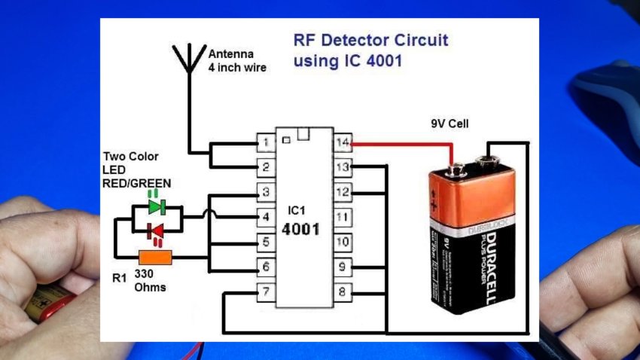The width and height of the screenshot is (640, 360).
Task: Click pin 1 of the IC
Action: point(266,142)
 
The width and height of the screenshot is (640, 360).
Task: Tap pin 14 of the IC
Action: point(343,142)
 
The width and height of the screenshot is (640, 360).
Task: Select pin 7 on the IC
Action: point(266,291)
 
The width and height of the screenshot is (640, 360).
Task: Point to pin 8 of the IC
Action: point(343,291)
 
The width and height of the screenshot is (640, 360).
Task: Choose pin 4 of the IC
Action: point(266,217)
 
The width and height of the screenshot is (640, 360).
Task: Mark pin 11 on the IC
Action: point(343,217)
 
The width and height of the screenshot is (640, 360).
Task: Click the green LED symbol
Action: point(157,206)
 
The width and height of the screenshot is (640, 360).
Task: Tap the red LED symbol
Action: point(157,229)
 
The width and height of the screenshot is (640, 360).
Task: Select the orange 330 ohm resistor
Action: point(156,258)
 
